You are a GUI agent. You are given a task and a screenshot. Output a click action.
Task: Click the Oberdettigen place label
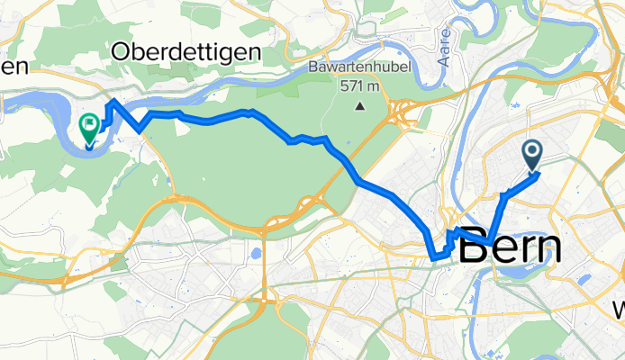point(186,52)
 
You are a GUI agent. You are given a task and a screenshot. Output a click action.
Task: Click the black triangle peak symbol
point(360,106)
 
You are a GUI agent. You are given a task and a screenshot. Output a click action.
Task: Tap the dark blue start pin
point(532,156)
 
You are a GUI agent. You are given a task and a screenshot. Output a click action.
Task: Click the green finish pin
point(90,129)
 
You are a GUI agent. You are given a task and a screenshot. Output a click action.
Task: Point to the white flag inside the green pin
point(90,124)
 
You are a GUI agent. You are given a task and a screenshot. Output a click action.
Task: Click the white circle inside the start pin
point(532,152)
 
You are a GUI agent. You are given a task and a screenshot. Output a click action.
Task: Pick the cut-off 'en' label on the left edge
point(15,66)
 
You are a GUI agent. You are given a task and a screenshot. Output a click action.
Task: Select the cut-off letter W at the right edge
point(620,309)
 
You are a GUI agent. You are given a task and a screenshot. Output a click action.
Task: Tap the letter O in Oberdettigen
point(121,52)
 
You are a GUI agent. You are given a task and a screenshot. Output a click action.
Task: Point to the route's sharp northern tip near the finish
point(113,100)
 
